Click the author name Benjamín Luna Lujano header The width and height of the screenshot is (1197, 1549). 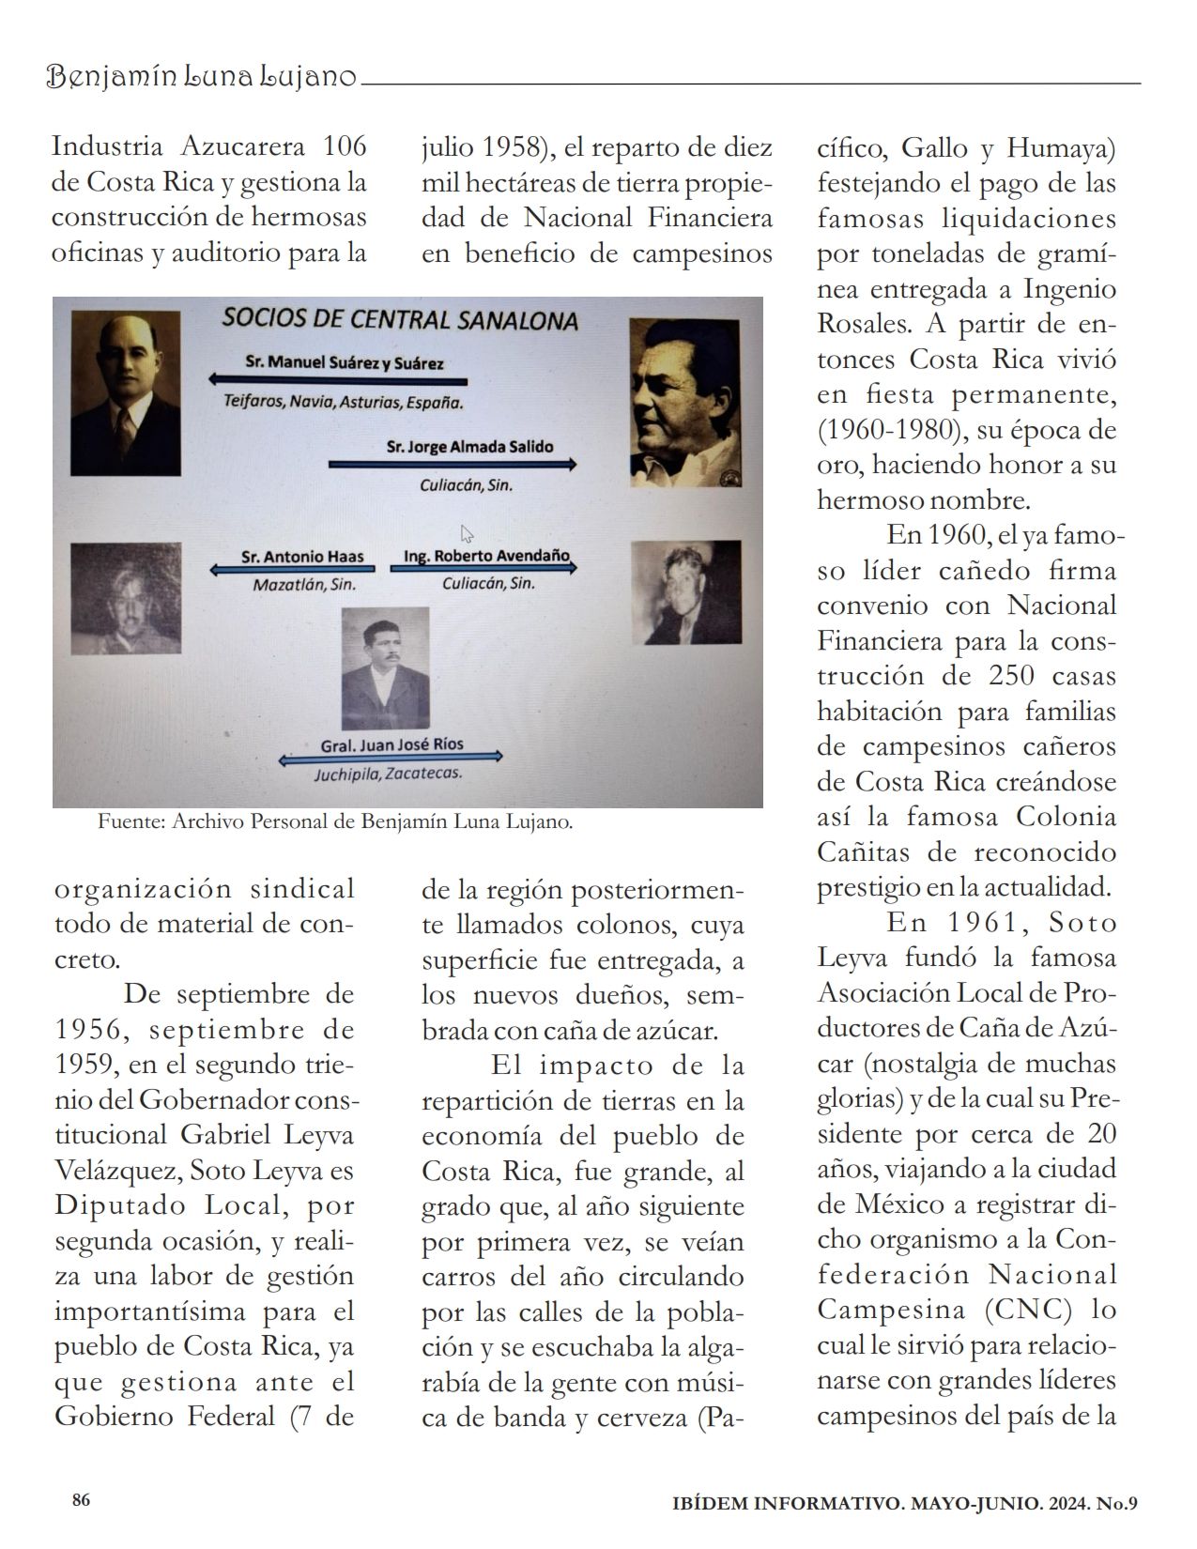pyautogui.click(x=202, y=77)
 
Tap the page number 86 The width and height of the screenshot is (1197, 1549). pyautogui.click(x=82, y=1500)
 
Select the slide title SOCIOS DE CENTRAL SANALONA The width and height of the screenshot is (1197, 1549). pyautogui.click(x=400, y=318)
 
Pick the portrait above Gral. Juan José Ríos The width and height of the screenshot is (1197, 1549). pyautogui.click(x=385, y=668)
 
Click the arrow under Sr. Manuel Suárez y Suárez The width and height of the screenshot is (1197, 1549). pyautogui.click(x=338, y=381)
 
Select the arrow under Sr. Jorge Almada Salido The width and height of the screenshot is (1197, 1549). pyautogui.click(x=453, y=465)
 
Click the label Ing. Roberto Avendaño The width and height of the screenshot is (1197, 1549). pyautogui.click(x=486, y=556)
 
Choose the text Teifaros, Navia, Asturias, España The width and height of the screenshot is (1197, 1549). pyautogui.click(x=344, y=402)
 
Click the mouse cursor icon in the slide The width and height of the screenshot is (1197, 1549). pyautogui.click(x=467, y=533)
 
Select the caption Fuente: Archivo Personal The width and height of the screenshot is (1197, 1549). pyautogui.click(x=335, y=822)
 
